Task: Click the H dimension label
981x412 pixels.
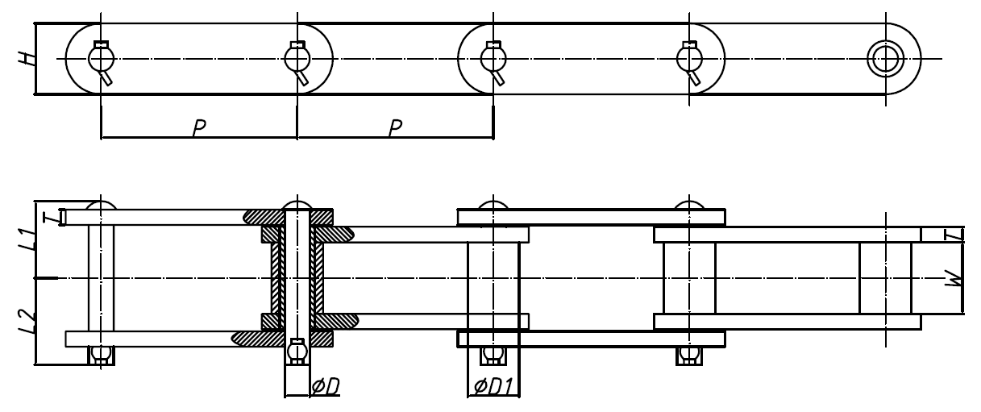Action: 28,58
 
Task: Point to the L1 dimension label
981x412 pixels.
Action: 28,239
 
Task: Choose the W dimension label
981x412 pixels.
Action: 954,278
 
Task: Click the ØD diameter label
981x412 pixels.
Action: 325,388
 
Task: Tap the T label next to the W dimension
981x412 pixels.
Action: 954,235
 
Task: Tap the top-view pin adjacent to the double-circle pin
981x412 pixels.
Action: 689,58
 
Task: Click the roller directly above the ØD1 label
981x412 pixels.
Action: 493,278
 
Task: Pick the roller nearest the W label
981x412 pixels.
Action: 884,278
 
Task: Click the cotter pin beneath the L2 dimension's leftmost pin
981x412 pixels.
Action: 101,354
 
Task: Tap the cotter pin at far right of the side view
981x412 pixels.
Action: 689,354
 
